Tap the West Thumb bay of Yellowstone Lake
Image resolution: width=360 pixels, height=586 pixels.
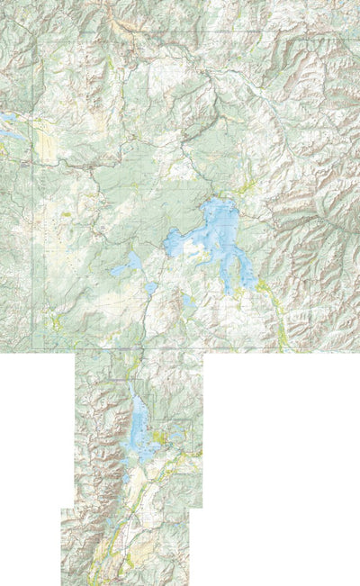176,241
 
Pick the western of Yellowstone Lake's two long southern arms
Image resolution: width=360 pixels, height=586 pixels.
226,275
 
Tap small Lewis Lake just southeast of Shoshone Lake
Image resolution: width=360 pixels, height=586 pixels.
151,288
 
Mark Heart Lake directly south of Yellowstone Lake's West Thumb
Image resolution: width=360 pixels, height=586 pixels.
186,302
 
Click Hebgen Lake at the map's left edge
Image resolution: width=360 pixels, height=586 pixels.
9,126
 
